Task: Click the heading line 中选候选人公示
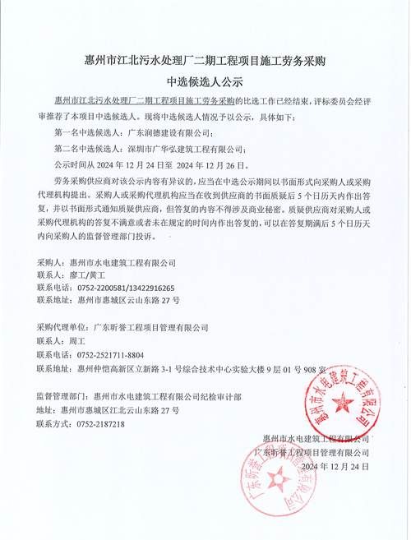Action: pyautogui.click(x=205, y=81)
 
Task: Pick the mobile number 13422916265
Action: pyautogui.click(x=165, y=288)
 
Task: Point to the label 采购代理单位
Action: pyautogui.click(x=62, y=328)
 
